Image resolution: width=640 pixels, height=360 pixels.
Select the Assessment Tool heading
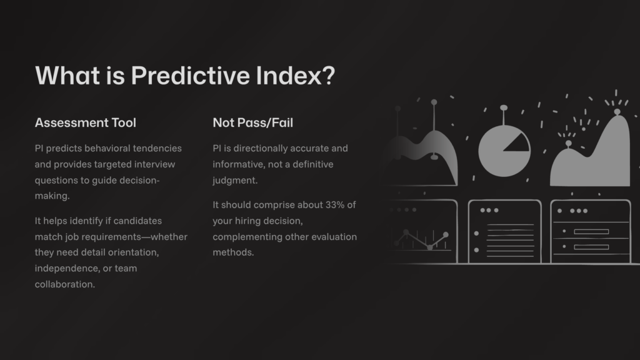tap(85, 123)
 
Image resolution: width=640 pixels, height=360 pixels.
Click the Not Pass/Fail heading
tap(252, 123)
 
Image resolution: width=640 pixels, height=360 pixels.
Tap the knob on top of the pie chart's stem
tap(503, 107)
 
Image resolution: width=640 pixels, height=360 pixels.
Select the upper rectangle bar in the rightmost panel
tap(591, 231)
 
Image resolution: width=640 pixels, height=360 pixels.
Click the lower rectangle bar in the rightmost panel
tap(591, 247)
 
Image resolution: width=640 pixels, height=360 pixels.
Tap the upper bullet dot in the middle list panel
tap(476, 232)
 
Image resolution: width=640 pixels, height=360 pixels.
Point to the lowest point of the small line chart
tap(429, 247)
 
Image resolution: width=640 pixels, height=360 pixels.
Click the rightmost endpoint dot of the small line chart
tap(446, 234)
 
